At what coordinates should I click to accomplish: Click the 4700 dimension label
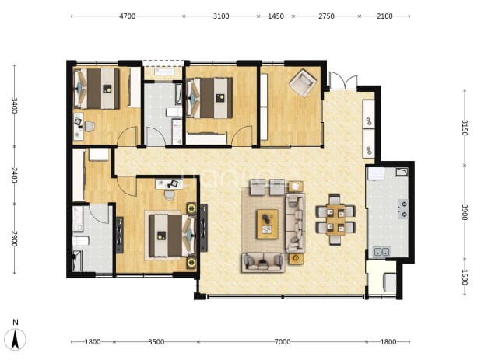(x=127, y=16)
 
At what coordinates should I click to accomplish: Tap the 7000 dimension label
(x=283, y=341)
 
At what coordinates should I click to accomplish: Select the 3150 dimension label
(x=465, y=128)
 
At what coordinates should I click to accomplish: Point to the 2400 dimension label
(x=14, y=175)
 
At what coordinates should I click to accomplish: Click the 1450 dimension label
(x=276, y=16)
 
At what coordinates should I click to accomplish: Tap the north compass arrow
(x=16, y=340)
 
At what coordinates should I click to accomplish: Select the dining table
(x=335, y=220)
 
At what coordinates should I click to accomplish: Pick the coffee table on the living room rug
(x=268, y=224)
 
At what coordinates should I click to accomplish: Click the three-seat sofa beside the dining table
(x=296, y=222)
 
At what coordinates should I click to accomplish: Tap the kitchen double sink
(x=381, y=252)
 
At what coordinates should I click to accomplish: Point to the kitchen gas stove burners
(x=403, y=209)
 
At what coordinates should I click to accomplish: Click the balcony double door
(x=343, y=81)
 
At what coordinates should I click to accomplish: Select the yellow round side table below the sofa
(x=296, y=258)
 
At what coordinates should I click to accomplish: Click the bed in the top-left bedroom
(x=97, y=88)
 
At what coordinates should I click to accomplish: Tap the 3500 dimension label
(x=156, y=341)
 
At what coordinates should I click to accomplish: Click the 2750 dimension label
(x=326, y=16)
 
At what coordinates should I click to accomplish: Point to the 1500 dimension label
(x=465, y=277)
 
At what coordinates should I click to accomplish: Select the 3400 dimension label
(x=14, y=106)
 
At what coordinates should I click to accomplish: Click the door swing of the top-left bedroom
(x=127, y=135)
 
